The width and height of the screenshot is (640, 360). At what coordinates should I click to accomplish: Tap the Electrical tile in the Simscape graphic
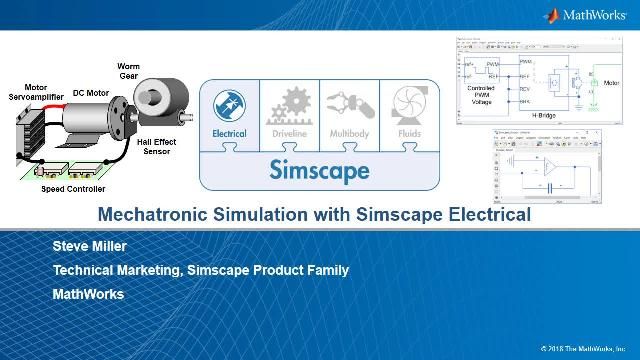[x=229, y=109]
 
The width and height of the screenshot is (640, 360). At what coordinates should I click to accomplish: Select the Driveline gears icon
[x=290, y=106]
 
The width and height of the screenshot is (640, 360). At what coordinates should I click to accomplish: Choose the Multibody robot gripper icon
[x=348, y=106]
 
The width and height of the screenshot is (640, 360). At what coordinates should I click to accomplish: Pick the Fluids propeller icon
[x=408, y=106]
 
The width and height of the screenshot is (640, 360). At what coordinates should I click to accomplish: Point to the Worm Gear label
[x=128, y=71]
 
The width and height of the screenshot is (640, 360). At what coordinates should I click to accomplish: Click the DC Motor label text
[x=91, y=93]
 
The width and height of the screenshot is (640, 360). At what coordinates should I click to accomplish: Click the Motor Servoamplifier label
[x=36, y=92]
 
